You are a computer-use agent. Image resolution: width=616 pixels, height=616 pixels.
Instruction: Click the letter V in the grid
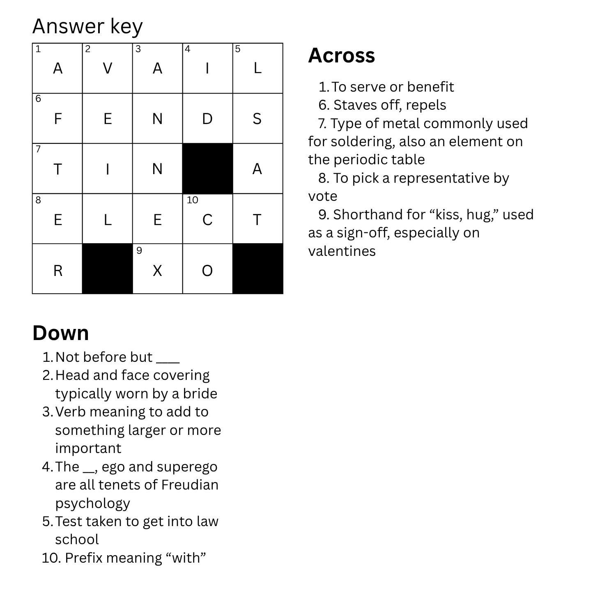(x=108, y=68)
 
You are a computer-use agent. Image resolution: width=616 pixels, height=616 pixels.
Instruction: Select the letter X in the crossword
(x=157, y=271)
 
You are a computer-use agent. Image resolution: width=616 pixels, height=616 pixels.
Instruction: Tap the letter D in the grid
(x=207, y=119)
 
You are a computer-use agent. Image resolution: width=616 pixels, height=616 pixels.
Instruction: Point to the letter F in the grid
(x=58, y=119)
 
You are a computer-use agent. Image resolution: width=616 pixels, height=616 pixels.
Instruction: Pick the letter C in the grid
(x=207, y=220)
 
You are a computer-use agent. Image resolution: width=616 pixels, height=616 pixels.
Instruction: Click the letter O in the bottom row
(x=207, y=271)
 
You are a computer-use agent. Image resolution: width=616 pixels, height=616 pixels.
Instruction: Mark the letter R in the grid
(x=58, y=271)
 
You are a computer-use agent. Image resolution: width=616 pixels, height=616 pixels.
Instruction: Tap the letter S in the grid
(x=257, y=119)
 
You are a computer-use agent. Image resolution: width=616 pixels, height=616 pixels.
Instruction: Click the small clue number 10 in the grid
(x=192, y=200)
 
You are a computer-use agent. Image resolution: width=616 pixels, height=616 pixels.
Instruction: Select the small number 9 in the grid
(x=139, y=251)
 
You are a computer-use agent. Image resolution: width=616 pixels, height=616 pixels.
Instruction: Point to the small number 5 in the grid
(x=237, y=49)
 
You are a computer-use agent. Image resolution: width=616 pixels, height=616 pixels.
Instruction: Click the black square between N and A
(x=207, y=168)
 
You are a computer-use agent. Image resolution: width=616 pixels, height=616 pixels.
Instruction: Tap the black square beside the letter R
(x=108, y=269)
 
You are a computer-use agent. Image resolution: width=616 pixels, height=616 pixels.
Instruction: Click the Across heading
(x=341, y=55)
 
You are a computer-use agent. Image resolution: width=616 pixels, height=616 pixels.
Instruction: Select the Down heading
(x=61, y=333)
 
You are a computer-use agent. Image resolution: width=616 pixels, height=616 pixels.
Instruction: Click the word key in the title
(x=126, y=27)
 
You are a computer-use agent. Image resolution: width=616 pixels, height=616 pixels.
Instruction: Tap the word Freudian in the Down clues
(x=189, y=485)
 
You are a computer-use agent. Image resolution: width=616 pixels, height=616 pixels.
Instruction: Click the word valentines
(x=342, y=251)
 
